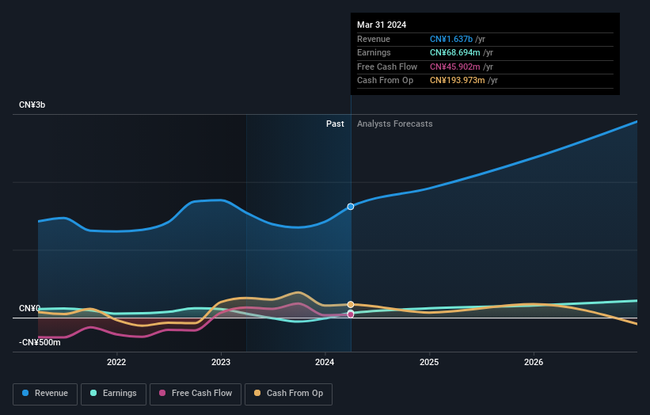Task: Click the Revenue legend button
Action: (46, 393)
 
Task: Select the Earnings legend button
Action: (113, 393)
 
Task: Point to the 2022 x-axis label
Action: (116, 363)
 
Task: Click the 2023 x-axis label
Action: (221, 363)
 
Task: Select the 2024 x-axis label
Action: (325, 363)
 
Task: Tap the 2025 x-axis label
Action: (429, 363)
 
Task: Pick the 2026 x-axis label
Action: (534, 363)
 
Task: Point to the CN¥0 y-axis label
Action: (30, 308)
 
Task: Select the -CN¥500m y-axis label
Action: (40, 342)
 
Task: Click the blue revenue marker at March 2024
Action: (351, 206)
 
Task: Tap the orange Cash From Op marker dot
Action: (351, 304)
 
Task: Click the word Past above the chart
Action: (335, 124)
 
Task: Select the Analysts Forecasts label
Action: (395, 124)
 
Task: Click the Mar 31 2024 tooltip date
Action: (382, 25)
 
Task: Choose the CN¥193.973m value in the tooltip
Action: (458, 81)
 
